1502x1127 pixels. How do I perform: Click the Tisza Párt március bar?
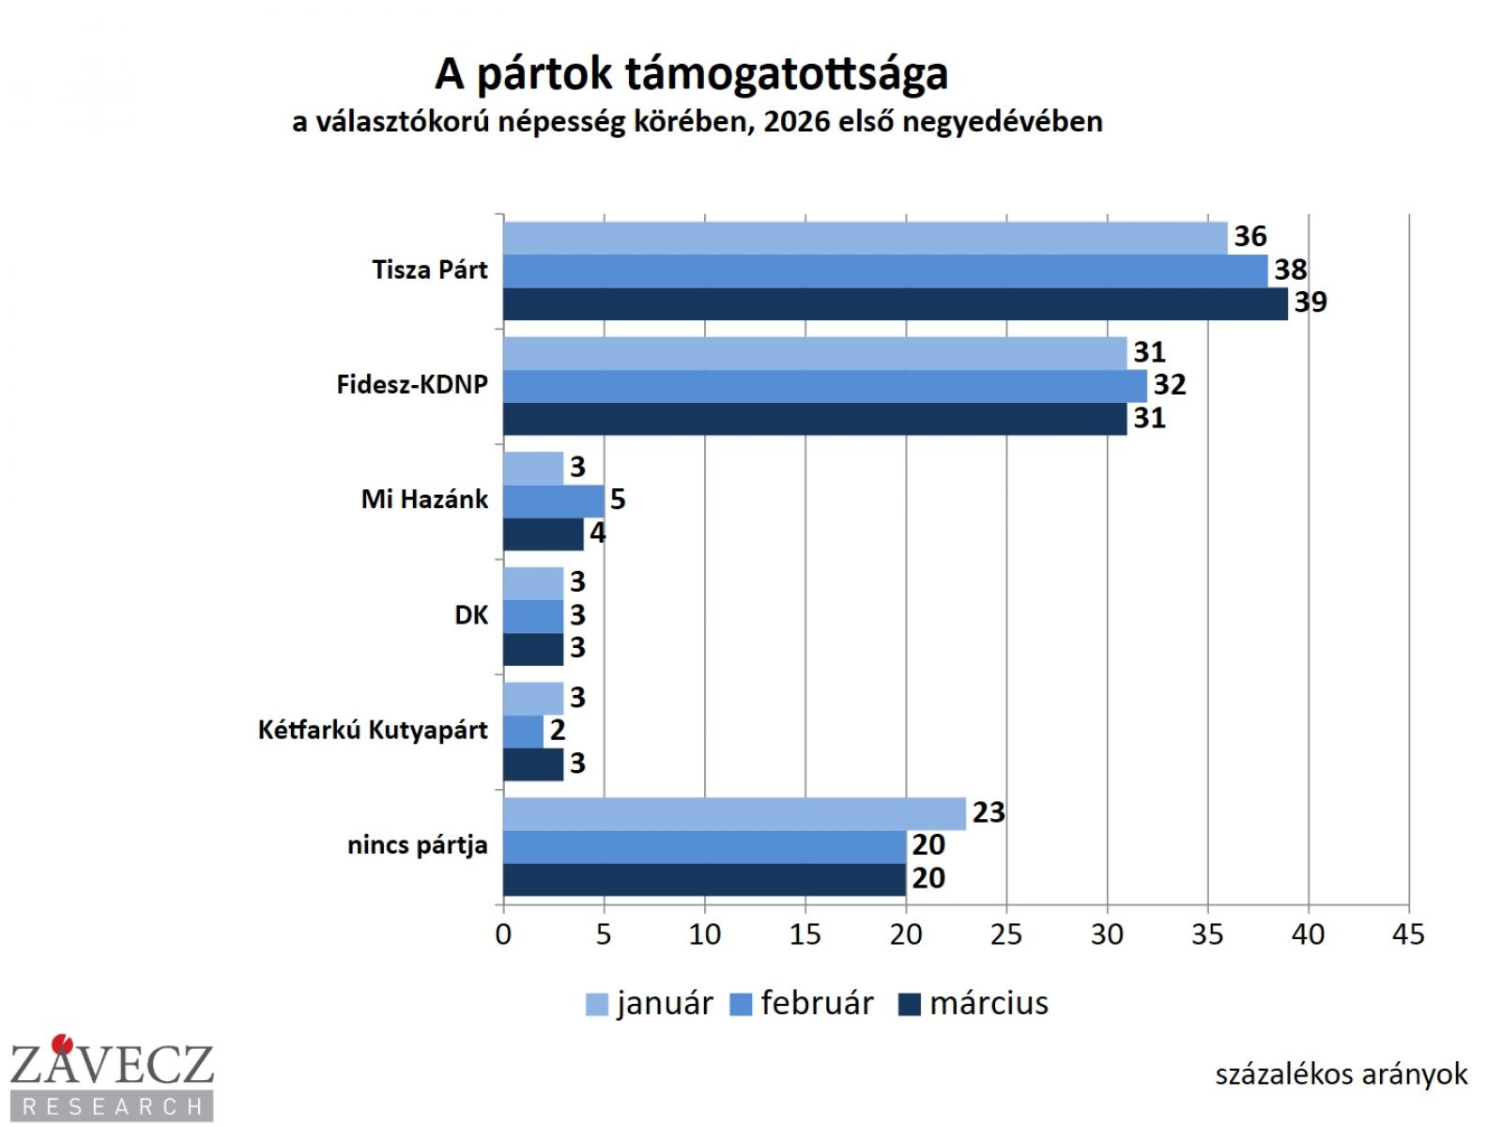pos(896,303)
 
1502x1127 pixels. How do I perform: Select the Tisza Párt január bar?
pos(866,238)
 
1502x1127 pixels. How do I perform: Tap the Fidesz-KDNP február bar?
pos(825,385)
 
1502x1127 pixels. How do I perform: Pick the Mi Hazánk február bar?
pos(554,500)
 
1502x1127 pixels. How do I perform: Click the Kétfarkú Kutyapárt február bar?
pos(524,731)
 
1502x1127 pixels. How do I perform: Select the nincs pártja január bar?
pos(735,813)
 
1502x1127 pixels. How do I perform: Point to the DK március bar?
pos(533,648)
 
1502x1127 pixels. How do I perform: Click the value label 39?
pos(1310,302)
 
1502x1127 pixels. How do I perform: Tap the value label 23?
pos(989,812)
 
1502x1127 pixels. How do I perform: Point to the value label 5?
pos(617,499)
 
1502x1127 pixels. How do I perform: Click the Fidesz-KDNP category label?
pos(412,385)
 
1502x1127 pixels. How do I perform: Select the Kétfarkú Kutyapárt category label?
pos(373,731)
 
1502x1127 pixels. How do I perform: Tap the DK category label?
pos(471,615)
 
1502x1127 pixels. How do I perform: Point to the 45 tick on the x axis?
pos(1409,934)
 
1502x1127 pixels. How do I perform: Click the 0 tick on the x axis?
pos(504,934)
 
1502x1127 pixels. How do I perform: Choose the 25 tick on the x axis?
pos(1006,934)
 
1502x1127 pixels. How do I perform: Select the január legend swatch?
pos(597,1005)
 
